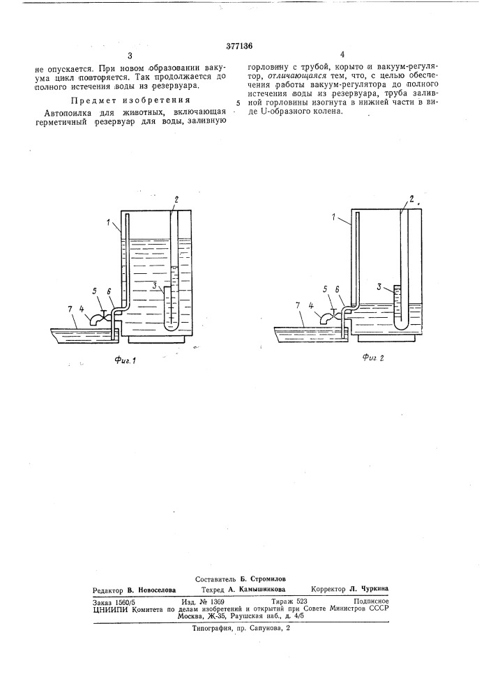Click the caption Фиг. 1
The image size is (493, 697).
coord(125,360)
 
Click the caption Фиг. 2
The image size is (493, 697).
coord(373,358)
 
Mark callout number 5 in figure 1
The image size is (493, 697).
coord(94,291)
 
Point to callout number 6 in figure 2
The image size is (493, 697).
coord(337,289)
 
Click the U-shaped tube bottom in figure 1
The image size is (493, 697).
coord(170,327)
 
